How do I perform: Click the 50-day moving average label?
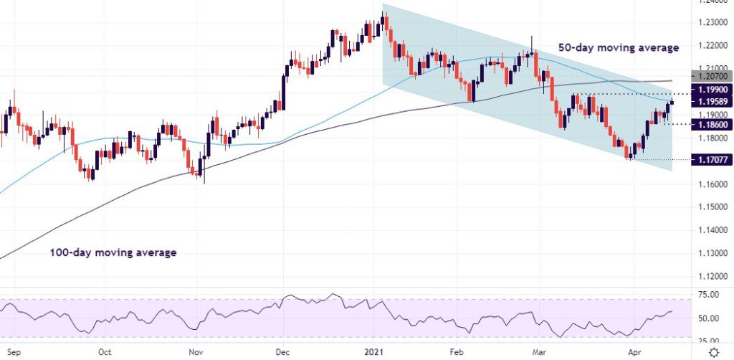click(618, 48)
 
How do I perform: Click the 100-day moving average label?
click(113, 252)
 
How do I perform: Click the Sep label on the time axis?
click(12, 352)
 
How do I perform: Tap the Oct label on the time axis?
click(105, 352)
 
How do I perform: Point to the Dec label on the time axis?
click(283, 352)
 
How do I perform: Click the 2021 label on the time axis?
click(375, 352)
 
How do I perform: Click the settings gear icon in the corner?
click(714, 352)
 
